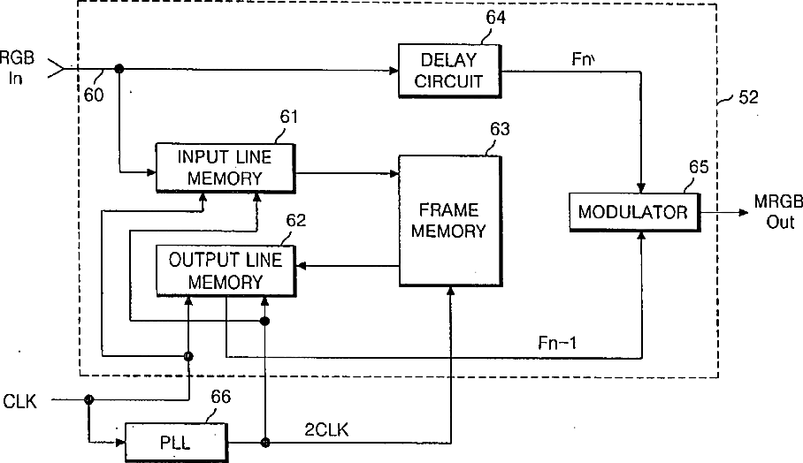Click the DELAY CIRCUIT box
click(449, 71)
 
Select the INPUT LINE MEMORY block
click(226, 168)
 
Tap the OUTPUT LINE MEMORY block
click(226, 270)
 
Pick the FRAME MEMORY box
click(450, 221)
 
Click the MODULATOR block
click(634, 212)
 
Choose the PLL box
click(177, 442)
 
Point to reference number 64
click(495, 18)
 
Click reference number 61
click(288, 118)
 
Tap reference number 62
click(296, 221)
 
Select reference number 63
click(500, 129)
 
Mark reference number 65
click(699, 167)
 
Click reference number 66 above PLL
click(221, 397)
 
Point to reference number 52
click(748, 97)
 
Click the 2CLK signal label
click(326, 429)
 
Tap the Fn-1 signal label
click(557, 343)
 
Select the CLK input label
click(20, 402)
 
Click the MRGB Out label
click(779, 212)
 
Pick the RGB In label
click(17, 67)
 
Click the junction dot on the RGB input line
click(119, 69)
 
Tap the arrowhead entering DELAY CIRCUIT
click(394, 71)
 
